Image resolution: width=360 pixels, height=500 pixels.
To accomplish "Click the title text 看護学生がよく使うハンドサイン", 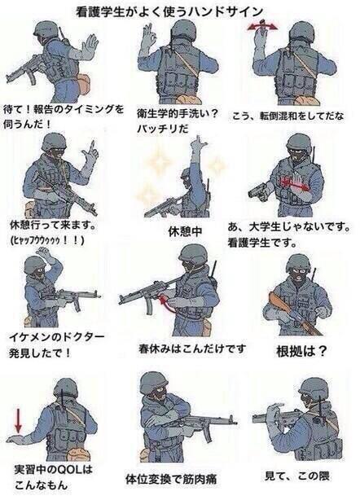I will pos(180,11).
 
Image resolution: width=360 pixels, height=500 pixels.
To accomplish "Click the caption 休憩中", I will pos(184,232).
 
